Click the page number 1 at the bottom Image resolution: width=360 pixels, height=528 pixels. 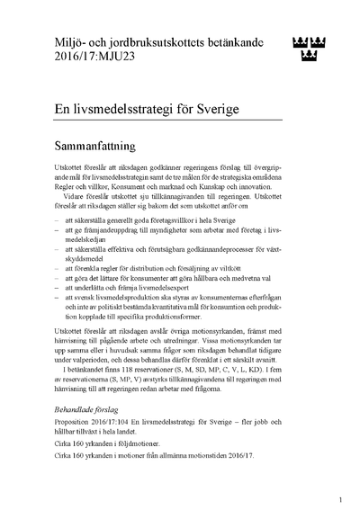click(x=340, y=498)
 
